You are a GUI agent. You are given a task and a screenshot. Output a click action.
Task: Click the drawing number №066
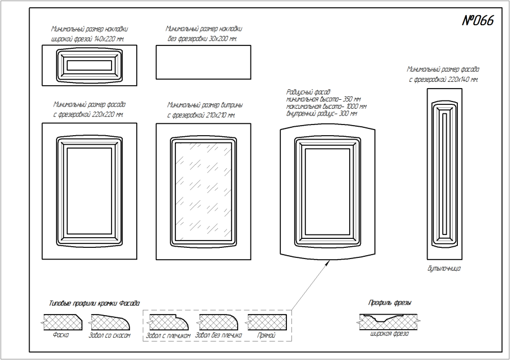(x=477, y=21)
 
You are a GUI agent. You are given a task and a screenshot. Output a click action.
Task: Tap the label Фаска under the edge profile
(x=61, y=335)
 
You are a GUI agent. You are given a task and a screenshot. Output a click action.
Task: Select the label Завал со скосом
(x=109, y=335)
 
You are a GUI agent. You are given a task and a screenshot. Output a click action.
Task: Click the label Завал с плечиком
(x=168, y=335)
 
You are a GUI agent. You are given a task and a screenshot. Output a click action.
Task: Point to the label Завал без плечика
(x=220, y=335)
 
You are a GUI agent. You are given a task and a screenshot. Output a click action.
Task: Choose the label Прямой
(x=266, y=335)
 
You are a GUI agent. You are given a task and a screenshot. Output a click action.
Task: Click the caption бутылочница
(x=443, y=269)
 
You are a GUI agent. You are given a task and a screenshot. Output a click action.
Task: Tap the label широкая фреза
(x=389, y=334)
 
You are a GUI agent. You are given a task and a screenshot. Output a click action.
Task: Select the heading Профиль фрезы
(x=390, y=303)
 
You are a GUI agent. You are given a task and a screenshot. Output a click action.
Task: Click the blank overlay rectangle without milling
(x=203, y=63)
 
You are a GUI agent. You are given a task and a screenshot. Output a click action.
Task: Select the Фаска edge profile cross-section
(x=63, y=322)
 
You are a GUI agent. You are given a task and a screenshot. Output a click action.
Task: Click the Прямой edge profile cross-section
(x=267, y=322)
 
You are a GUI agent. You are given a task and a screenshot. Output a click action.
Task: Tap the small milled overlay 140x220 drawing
(x=90, y=64)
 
